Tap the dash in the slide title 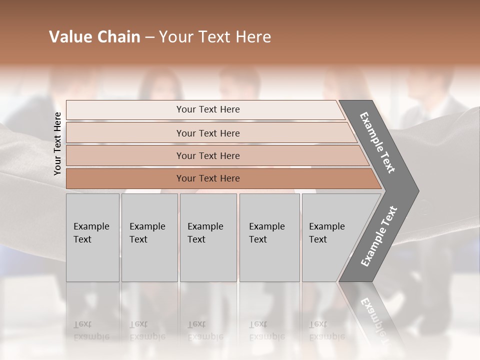[149, 37]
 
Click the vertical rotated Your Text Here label [57, 144]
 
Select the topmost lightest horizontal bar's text [208, 109]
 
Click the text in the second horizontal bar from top [208, 133]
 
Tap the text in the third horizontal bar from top [208, 156]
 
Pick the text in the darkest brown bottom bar [208, 178]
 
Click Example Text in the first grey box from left [91, 233]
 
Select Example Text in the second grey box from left [147, 233]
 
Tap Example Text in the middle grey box [205, 233]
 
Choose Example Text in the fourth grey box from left [266, 233]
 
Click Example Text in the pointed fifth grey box [326, 233]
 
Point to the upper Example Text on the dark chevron [377, 142]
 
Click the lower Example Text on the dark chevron [379, 236]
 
